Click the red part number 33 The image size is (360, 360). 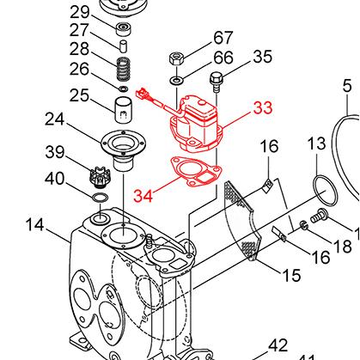click(262, 108)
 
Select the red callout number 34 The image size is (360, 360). click(143, 195)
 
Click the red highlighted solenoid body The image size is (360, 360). click(196, 125)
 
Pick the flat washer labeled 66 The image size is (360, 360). click(176, 79)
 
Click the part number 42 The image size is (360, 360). click(278, 345)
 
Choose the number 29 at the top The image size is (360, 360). click(80, 12)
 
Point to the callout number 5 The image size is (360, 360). click(347, 85)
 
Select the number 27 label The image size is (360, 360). click(80, 30)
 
